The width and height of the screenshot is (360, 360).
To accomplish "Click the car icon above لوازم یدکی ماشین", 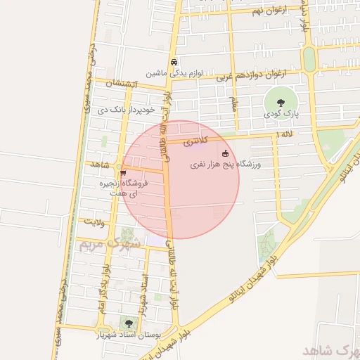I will tap(173, 61).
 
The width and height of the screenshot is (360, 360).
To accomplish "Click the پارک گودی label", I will tap(271, 113).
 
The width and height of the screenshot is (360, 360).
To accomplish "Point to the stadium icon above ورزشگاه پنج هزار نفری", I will tap(225, 153).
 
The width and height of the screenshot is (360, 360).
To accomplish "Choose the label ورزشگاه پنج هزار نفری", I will tap(226, 165).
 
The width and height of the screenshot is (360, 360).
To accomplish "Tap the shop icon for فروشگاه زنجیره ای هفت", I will tap(124, 172).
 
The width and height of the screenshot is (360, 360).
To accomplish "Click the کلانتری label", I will tap(196, 142).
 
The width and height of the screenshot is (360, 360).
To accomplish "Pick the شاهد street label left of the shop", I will tap(101, 165).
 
